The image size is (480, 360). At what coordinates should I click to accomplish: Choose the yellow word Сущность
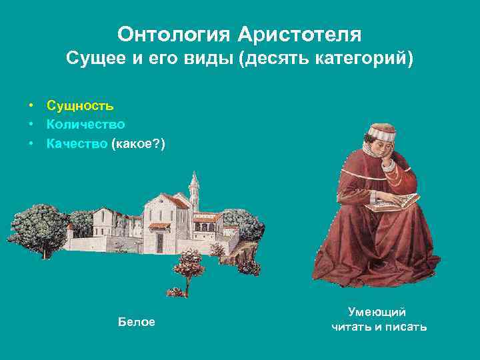(x=80, y=105)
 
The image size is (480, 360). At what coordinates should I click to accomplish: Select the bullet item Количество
(x=86, y=124)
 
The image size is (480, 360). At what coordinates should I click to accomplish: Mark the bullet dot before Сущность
(x=31, y=105)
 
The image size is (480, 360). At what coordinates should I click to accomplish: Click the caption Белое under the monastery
(x=137, y=322)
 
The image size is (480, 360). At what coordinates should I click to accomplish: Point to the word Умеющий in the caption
(x=377, y=312)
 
